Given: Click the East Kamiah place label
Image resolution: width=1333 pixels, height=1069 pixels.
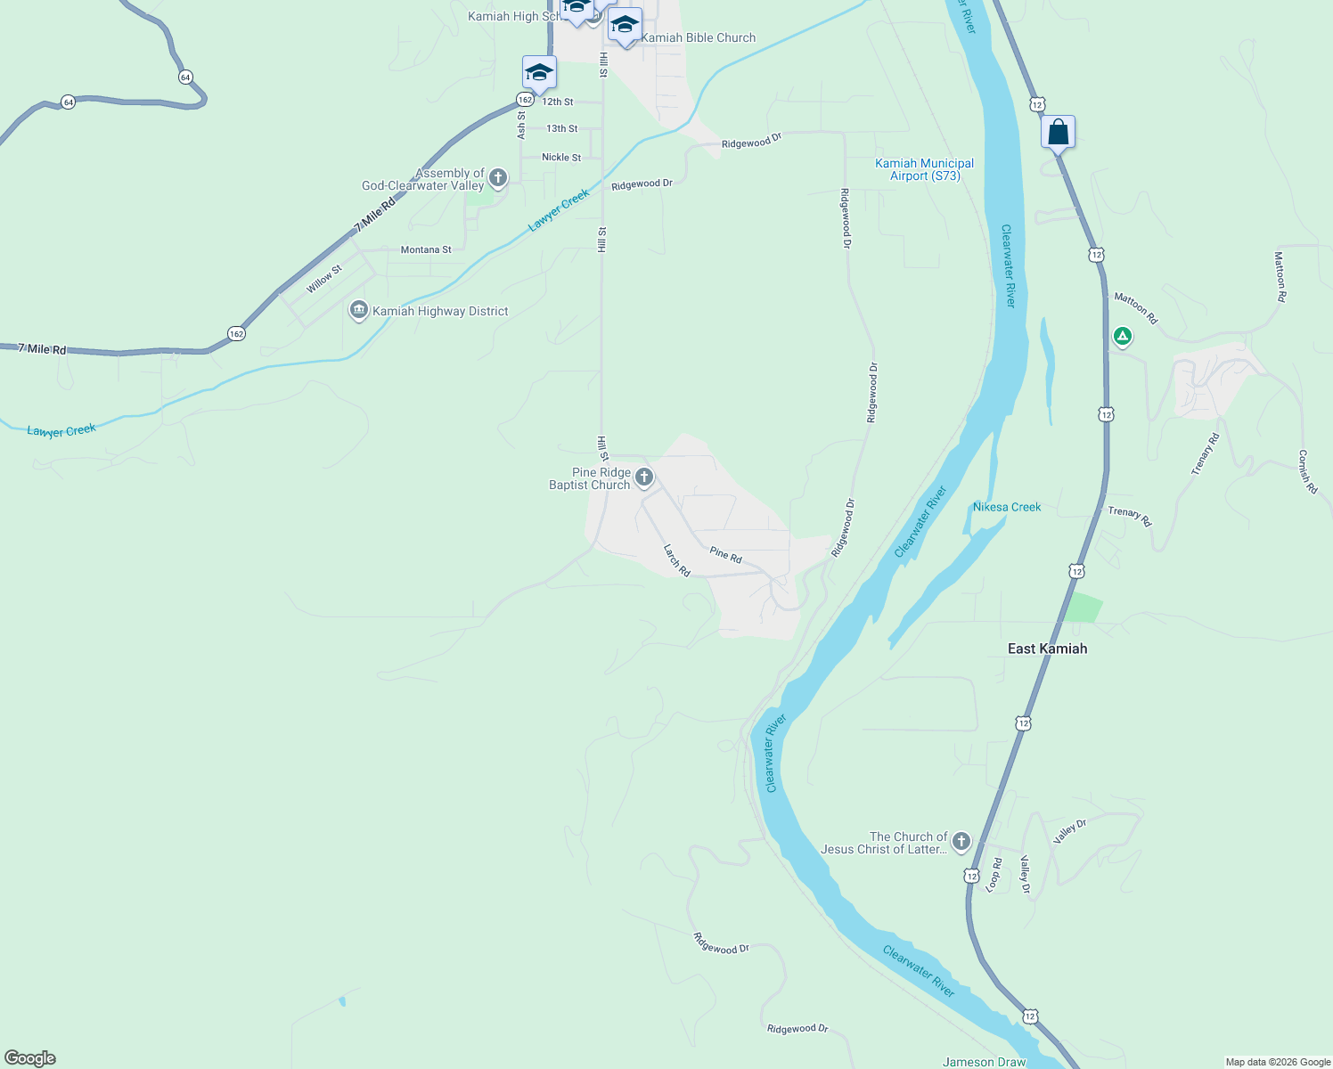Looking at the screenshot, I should pyautogui.click(x=1047, y=649).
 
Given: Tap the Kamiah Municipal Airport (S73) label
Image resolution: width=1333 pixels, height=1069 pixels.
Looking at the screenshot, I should pyautogui.click(x=924, y=169).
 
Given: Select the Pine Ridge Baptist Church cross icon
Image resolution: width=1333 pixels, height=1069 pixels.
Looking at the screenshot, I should pyautogui.click(x=644, y=477).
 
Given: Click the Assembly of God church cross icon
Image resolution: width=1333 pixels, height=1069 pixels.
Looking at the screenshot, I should pyautogui.click(x=498, y=178).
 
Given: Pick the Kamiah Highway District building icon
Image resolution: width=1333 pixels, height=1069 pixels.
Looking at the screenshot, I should pyautogui.click(x=359, y=310).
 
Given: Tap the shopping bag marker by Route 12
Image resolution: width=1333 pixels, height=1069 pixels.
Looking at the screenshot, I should pyautogui.click(x=1058, y=133).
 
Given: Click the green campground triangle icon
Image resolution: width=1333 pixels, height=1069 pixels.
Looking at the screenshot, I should pyautogui.click(x=1123, y=337).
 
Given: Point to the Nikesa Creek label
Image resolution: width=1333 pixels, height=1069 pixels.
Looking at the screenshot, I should pyautogui.click(x=1007, y=507).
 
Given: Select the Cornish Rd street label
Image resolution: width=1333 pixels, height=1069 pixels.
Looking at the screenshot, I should pyautogui.click(x=1307, y=471).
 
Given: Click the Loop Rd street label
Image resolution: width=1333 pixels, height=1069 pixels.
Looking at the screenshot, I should pyautogui.click(x=994, y=874).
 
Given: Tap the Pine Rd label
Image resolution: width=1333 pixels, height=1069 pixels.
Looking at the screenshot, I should pyautogui.click(x=726, y=555).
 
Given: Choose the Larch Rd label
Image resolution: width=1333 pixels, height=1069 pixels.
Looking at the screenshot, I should pyautogui.click(x=677, y=560).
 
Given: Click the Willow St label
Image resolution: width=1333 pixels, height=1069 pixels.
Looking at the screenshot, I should pyautogui.click(x=324, y=279).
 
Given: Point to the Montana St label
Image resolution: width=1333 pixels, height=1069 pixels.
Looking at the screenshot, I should pyautogui.click(x=426, y=249).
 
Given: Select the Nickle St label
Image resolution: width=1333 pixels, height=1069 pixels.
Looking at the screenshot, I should pyautogui.click(x=561, y=158).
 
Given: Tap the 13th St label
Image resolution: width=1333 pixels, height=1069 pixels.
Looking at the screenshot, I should pyautogui.click(x=561, y=129).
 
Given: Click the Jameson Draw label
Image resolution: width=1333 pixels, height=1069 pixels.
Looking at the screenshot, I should pyautogui.click(x=984, y=1062).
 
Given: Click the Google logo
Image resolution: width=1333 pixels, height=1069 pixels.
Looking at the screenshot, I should pyautogui.click(x=29, y=1058).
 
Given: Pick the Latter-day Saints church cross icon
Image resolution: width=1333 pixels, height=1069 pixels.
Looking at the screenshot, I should pyautogui.click(x=961, y=841).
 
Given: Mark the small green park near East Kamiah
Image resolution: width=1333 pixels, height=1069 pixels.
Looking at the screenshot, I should pyautogui.click(x=1084, y=608).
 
